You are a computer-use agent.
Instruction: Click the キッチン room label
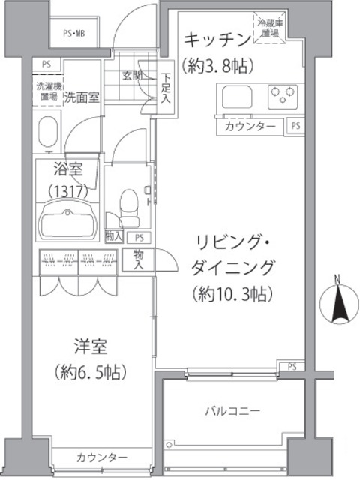216,39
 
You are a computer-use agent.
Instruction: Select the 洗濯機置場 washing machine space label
47,92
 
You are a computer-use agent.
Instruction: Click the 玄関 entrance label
133,75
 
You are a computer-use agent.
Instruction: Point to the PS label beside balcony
292,366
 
